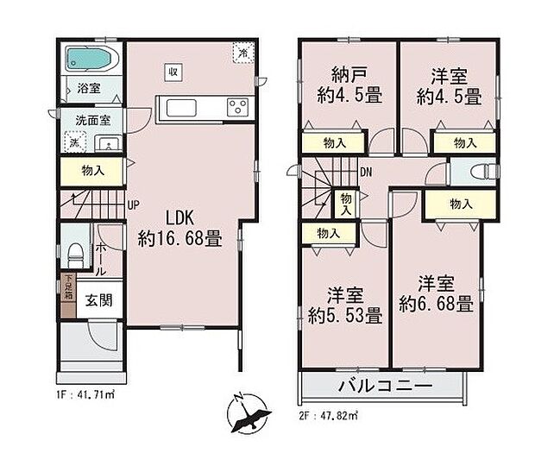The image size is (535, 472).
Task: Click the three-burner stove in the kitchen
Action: pos(236,107)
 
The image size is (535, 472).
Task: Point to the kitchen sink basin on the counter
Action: pos(183,108)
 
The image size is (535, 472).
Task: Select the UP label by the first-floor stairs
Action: pos(135,206)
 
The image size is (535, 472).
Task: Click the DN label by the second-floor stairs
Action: pos(365,171)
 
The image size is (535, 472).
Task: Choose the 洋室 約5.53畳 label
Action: pos(343,305)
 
